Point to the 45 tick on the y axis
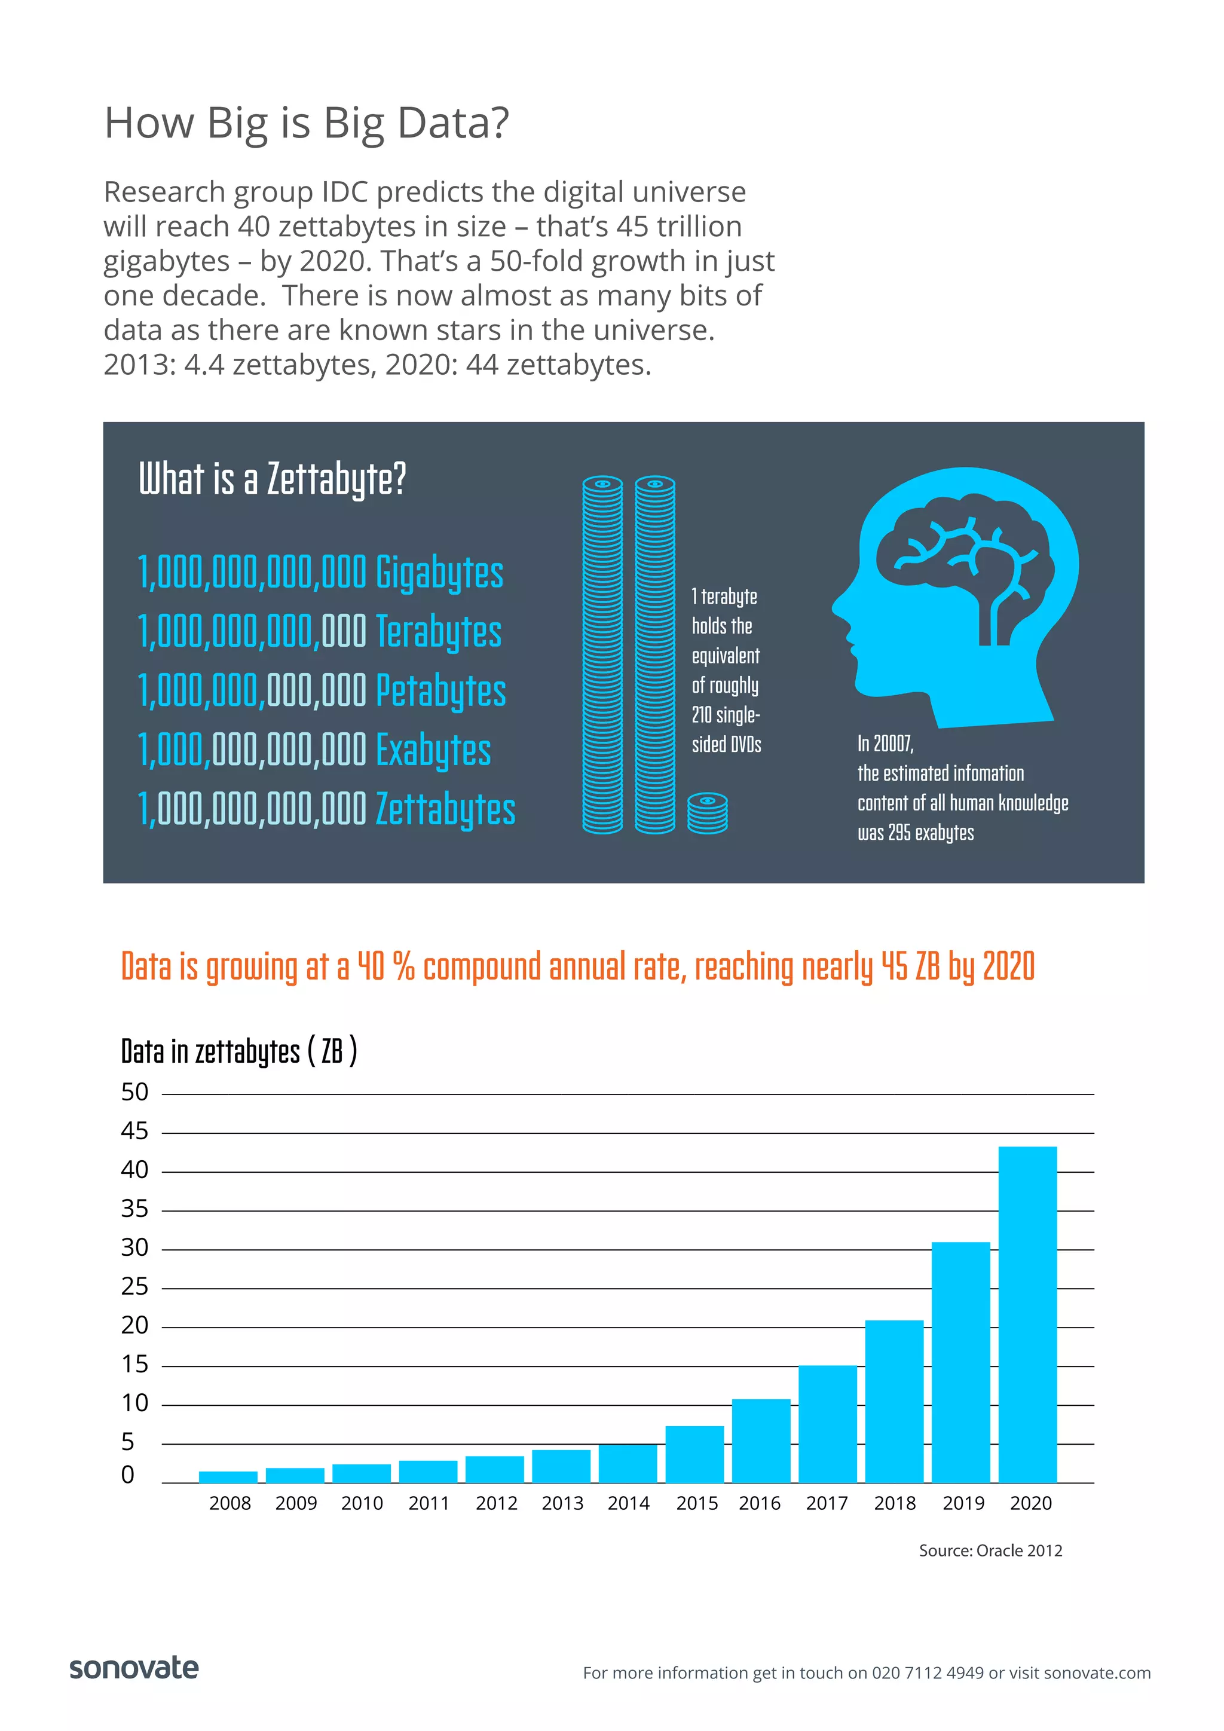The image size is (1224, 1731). pyautogui.click(x=135, y=1131)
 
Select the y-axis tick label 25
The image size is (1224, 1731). pyautogui.click(x=135, y=1286)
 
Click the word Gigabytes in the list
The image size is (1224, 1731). pyautogui.click(x=439, y=573)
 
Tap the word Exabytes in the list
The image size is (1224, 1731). pyautogui.click(x=433, y=750)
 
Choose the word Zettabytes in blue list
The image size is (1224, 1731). pyautogui.click(x=445, y=810)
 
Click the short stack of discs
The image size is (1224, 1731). pyautogui.click(x=708, y=813)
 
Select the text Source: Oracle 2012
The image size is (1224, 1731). pyautogui.click(x=990, y=1551)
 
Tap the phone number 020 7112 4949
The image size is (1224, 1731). pyautogui.click(x=927, y=1673)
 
